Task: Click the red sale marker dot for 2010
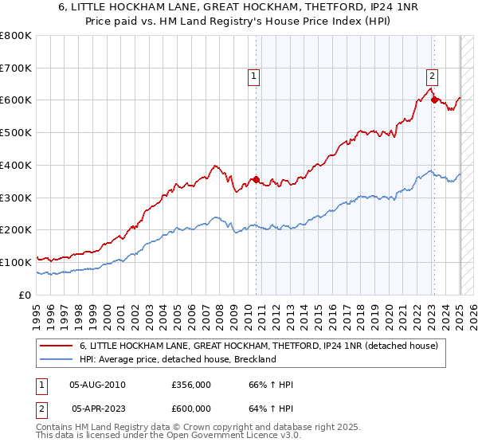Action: click(256, 179)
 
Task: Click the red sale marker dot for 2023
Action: click(434, 100)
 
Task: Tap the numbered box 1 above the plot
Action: click(253, 77)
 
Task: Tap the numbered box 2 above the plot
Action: click(431, 77)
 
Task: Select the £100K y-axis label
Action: click(17, 262)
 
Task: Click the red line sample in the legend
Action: click(56, 346)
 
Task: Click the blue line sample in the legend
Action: click(56, 359)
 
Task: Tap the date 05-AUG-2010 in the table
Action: click(98, 385)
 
